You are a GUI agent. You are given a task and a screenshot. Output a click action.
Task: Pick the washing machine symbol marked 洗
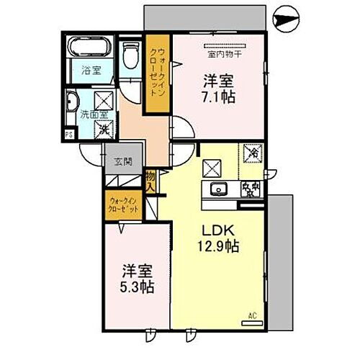pos(104,129)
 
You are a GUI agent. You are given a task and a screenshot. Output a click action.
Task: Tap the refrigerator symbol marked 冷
pos(253,153)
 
